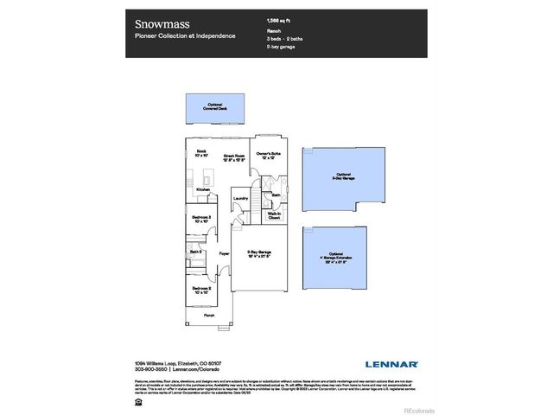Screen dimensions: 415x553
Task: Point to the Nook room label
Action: pos(202,154)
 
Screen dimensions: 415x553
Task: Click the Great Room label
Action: pos(235,156)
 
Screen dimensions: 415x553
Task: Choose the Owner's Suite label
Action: pos(266,156)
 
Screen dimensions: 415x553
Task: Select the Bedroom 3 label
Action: pos(202,219)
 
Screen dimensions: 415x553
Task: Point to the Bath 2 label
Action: pos(196,252)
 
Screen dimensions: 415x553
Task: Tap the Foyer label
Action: pos(224,253)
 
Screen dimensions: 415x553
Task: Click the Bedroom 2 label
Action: pos(202,290)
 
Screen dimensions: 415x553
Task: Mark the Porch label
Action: pos(209,316)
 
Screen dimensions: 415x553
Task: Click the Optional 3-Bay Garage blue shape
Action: pos(343,178)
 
